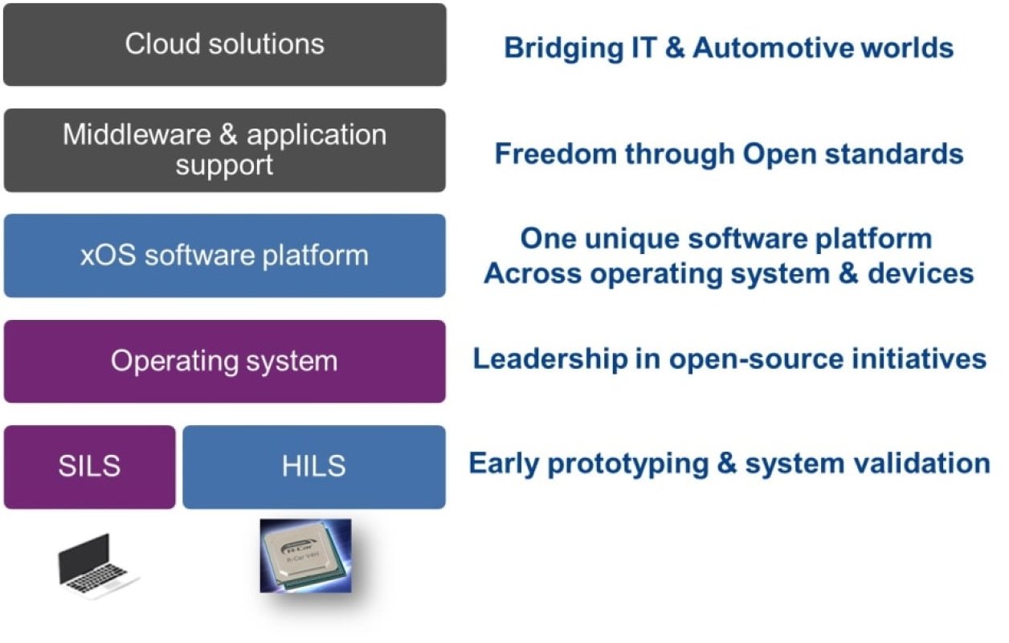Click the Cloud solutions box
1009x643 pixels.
[x=224, y=45]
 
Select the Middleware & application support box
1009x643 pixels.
[x=224, y=150]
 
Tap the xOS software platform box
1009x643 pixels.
[x=224, y=256]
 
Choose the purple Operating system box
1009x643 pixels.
[x=224, y=361]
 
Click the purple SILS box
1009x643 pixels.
[x=89, y=467]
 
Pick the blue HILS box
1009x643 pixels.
[x=314, y=467]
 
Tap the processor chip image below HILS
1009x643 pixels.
[x=305, y=556]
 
